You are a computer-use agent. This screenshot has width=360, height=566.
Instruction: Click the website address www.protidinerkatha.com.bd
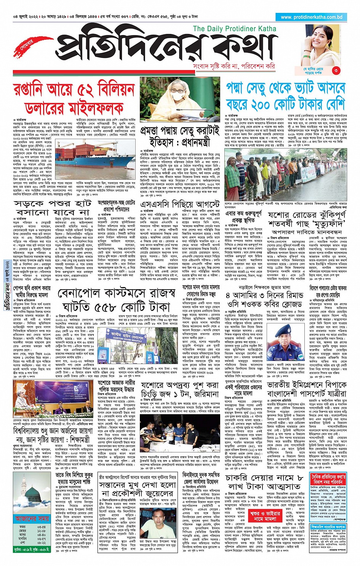[311, 17]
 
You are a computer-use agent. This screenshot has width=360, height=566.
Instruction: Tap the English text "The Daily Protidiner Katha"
[234, 29]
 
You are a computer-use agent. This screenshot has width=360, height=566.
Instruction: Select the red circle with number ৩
[336, 70]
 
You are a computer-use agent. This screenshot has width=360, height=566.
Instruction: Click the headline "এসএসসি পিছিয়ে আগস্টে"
[180, 204]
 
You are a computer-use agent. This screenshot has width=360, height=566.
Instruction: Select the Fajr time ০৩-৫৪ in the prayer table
[42, 527]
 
